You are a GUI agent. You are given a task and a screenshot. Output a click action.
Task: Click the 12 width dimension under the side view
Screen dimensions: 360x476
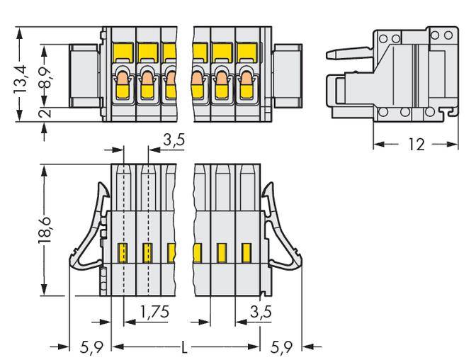pyautogui.click(x=416, y=144)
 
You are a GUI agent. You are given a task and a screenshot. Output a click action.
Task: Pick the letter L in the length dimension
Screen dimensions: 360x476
pyautogui.click(x=186, y=347)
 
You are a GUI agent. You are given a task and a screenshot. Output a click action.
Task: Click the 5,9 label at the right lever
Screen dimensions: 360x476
pyautogui.click(x=284, y=347)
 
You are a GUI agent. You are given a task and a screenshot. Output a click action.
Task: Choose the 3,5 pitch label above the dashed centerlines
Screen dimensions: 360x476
pyautogui.click(x=174, y=140)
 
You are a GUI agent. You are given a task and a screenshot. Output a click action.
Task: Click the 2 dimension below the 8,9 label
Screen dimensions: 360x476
pyautogui.click(x=44, y=113)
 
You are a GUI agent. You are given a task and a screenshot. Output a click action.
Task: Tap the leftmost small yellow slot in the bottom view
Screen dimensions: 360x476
pyautogui.click(x=123, y=251)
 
